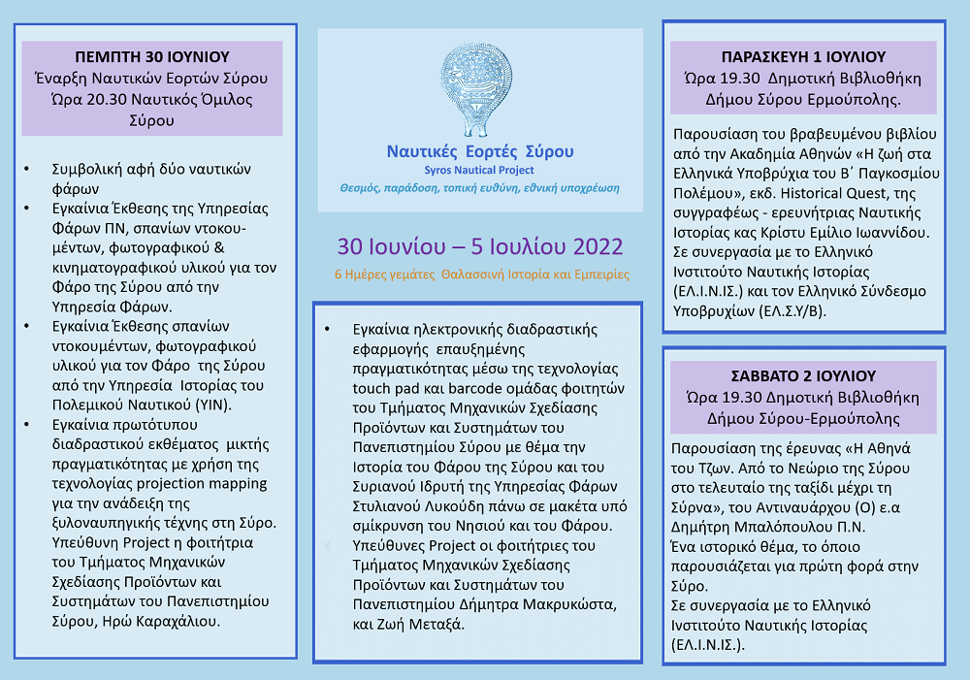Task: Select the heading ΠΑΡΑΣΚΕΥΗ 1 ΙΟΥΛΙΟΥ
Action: click(x=802, y=56)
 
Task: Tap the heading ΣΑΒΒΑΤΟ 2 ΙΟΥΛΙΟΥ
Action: click(x=802, y=375)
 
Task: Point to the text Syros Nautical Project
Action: click(x=480, y=170)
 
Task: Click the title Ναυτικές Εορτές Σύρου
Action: click(x=480, y=151)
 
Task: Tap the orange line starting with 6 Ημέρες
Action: click(x=481, y=275)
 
